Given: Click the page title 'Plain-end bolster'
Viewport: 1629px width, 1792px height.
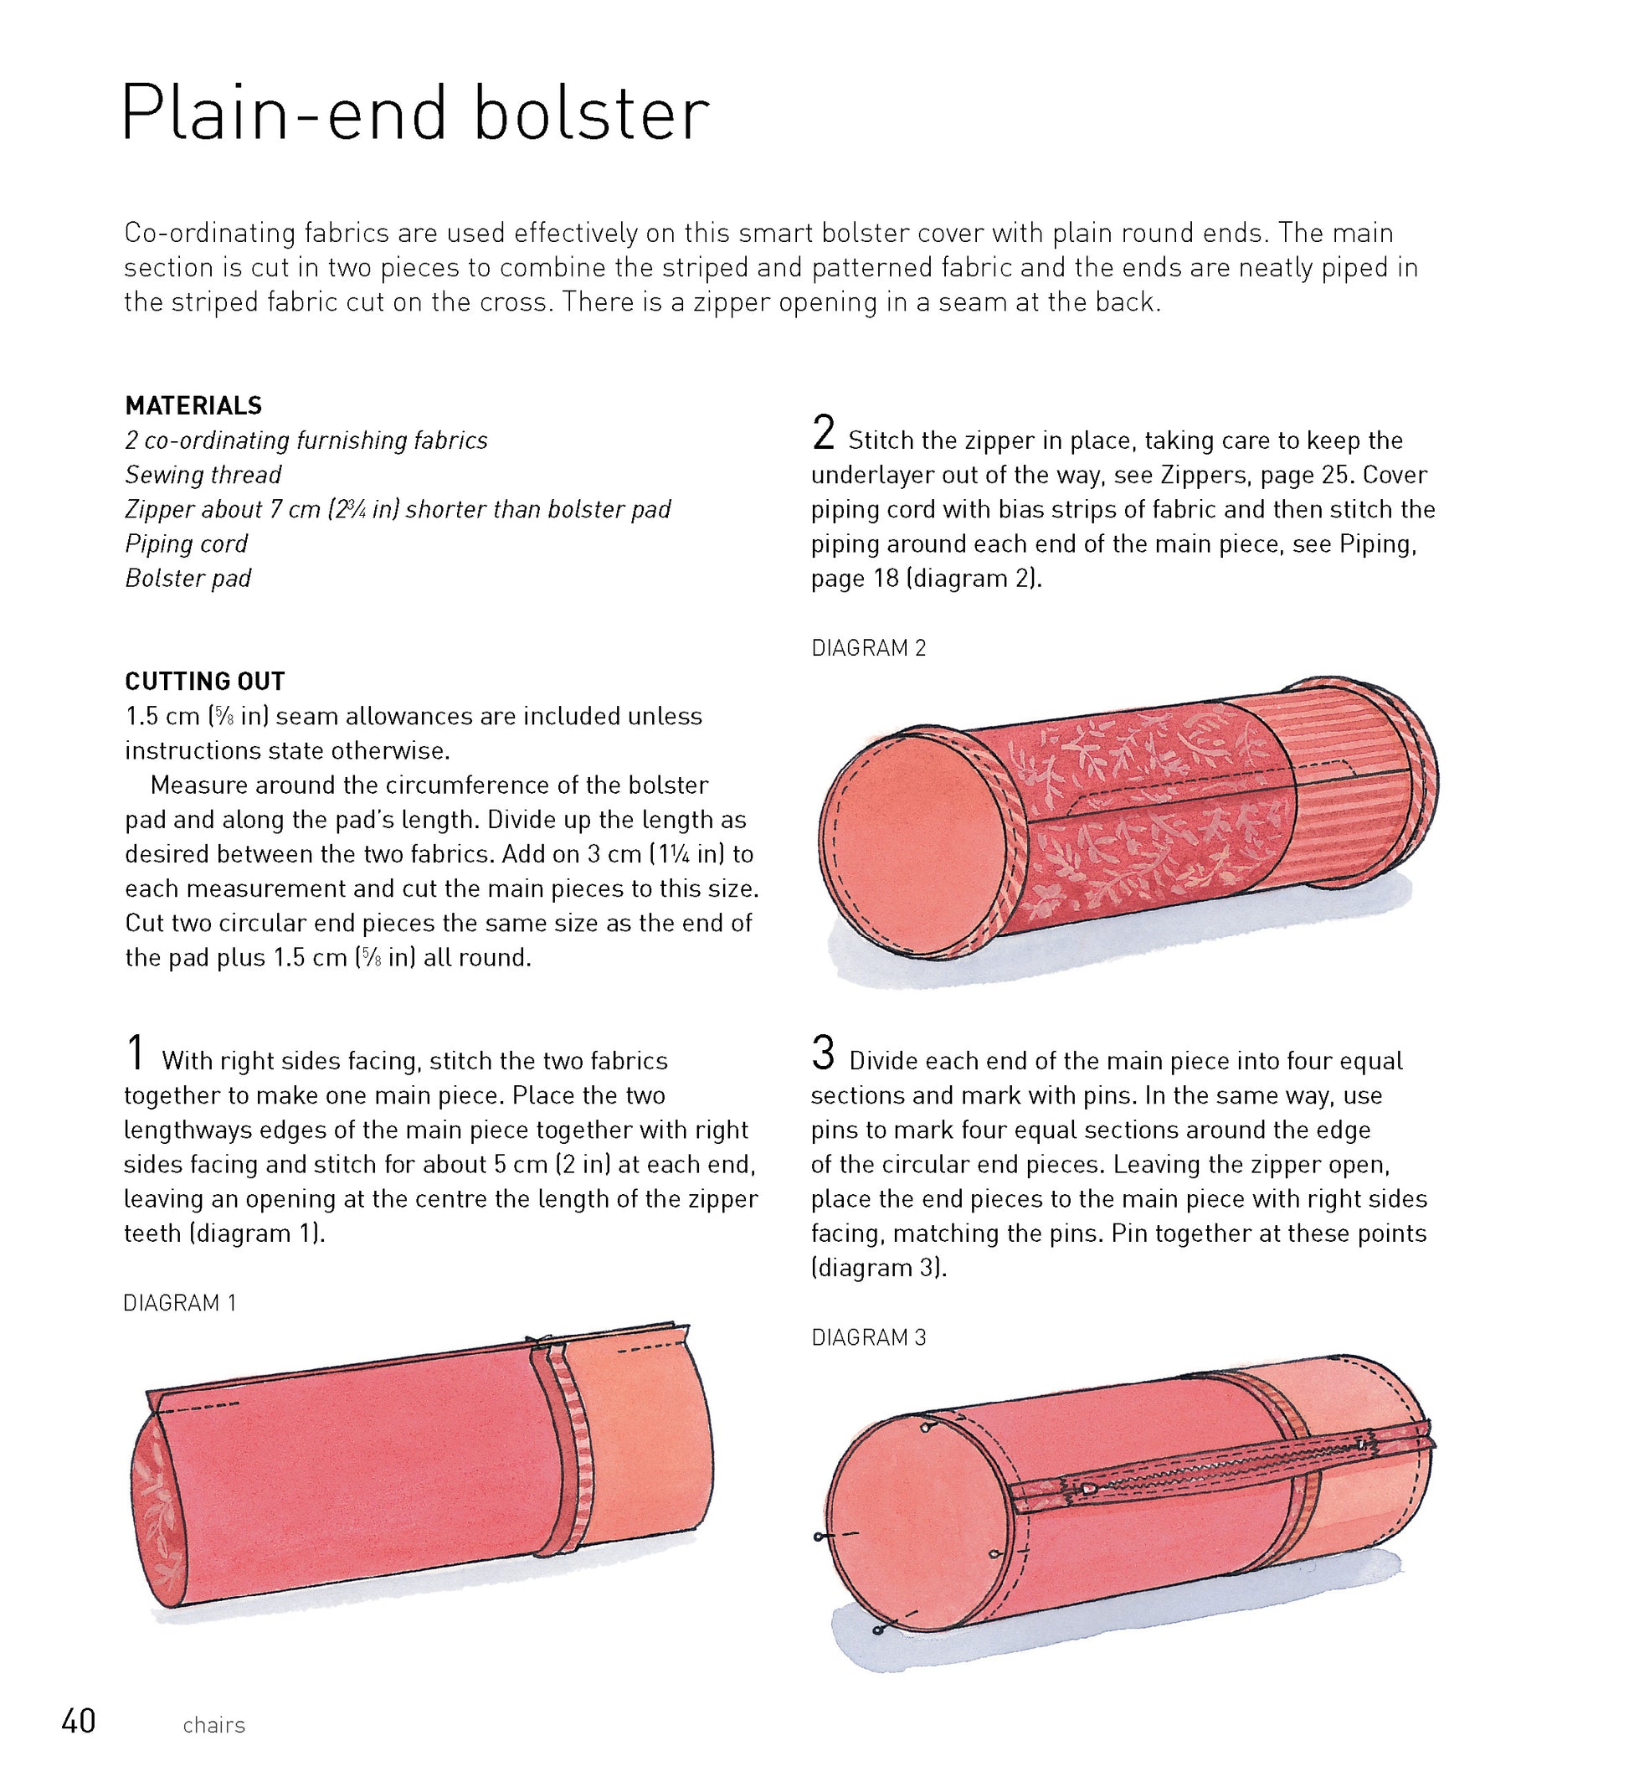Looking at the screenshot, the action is click(415, 114).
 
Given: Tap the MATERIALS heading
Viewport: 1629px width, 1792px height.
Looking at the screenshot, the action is click(193, 406).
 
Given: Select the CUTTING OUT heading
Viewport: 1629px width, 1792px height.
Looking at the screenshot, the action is click(204, 682).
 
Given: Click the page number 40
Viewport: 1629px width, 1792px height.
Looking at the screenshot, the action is click(78, 1722).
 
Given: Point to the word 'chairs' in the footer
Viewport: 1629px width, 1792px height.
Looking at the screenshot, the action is click(213, 1725).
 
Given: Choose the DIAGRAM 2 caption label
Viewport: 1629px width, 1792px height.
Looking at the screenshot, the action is click(868, 648).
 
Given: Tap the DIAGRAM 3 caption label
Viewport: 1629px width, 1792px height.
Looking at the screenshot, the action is click(868, 1338).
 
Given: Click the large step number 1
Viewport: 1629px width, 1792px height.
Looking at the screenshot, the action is click(135, 1053).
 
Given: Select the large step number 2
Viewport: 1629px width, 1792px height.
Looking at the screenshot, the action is click(824, 433).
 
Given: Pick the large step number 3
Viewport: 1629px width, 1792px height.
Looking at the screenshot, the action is click(824, 1053).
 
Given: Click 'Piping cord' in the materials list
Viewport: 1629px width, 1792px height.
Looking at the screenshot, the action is click(186, 544).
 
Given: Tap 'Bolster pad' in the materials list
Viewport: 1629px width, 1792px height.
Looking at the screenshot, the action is click(188, 579).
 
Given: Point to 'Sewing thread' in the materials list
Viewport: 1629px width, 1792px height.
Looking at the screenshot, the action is click(203, 476).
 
